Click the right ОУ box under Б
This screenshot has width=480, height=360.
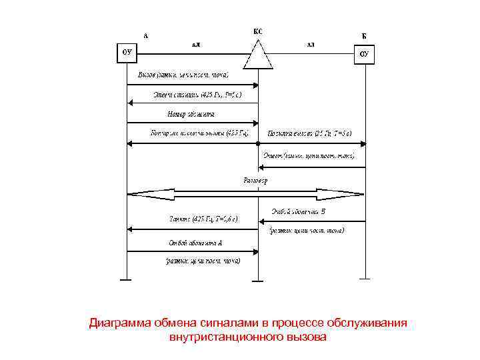pos(364,54)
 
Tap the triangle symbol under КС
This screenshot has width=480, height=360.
pos(258,54)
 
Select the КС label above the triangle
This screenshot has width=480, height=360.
pos(258,31)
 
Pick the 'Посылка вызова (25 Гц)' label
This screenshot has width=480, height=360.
pos(309,133)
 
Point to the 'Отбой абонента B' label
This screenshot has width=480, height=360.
pos(298,213)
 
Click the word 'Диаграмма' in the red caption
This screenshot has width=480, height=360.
pos(123,323)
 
